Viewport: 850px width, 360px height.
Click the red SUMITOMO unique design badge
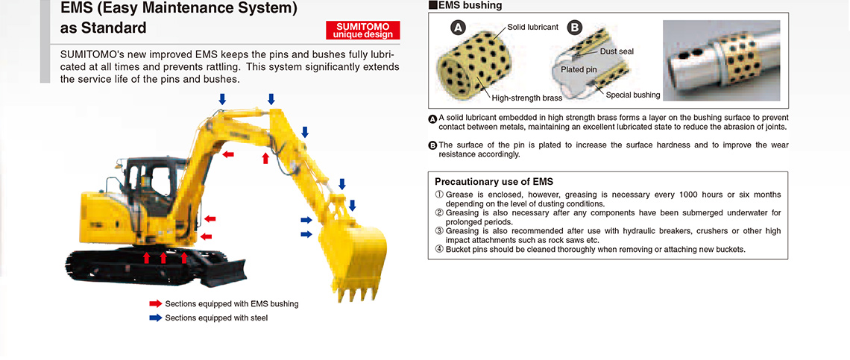tap(362, 31)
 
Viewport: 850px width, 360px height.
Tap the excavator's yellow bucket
tap(353, 255)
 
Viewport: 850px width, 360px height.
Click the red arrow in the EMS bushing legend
tap(156, 303)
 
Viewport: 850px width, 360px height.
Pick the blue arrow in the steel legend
tap(156, 318)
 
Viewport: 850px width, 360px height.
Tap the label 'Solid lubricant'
tap(533, 27)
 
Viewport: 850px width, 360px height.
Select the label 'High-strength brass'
tap(527, 98)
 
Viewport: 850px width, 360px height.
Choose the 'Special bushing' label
tap(633, 95)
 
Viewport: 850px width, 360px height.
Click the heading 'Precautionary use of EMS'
tap(494, 182)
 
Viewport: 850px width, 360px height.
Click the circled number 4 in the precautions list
tap(439, 250)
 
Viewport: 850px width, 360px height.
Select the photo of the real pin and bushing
tap(722, 60)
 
